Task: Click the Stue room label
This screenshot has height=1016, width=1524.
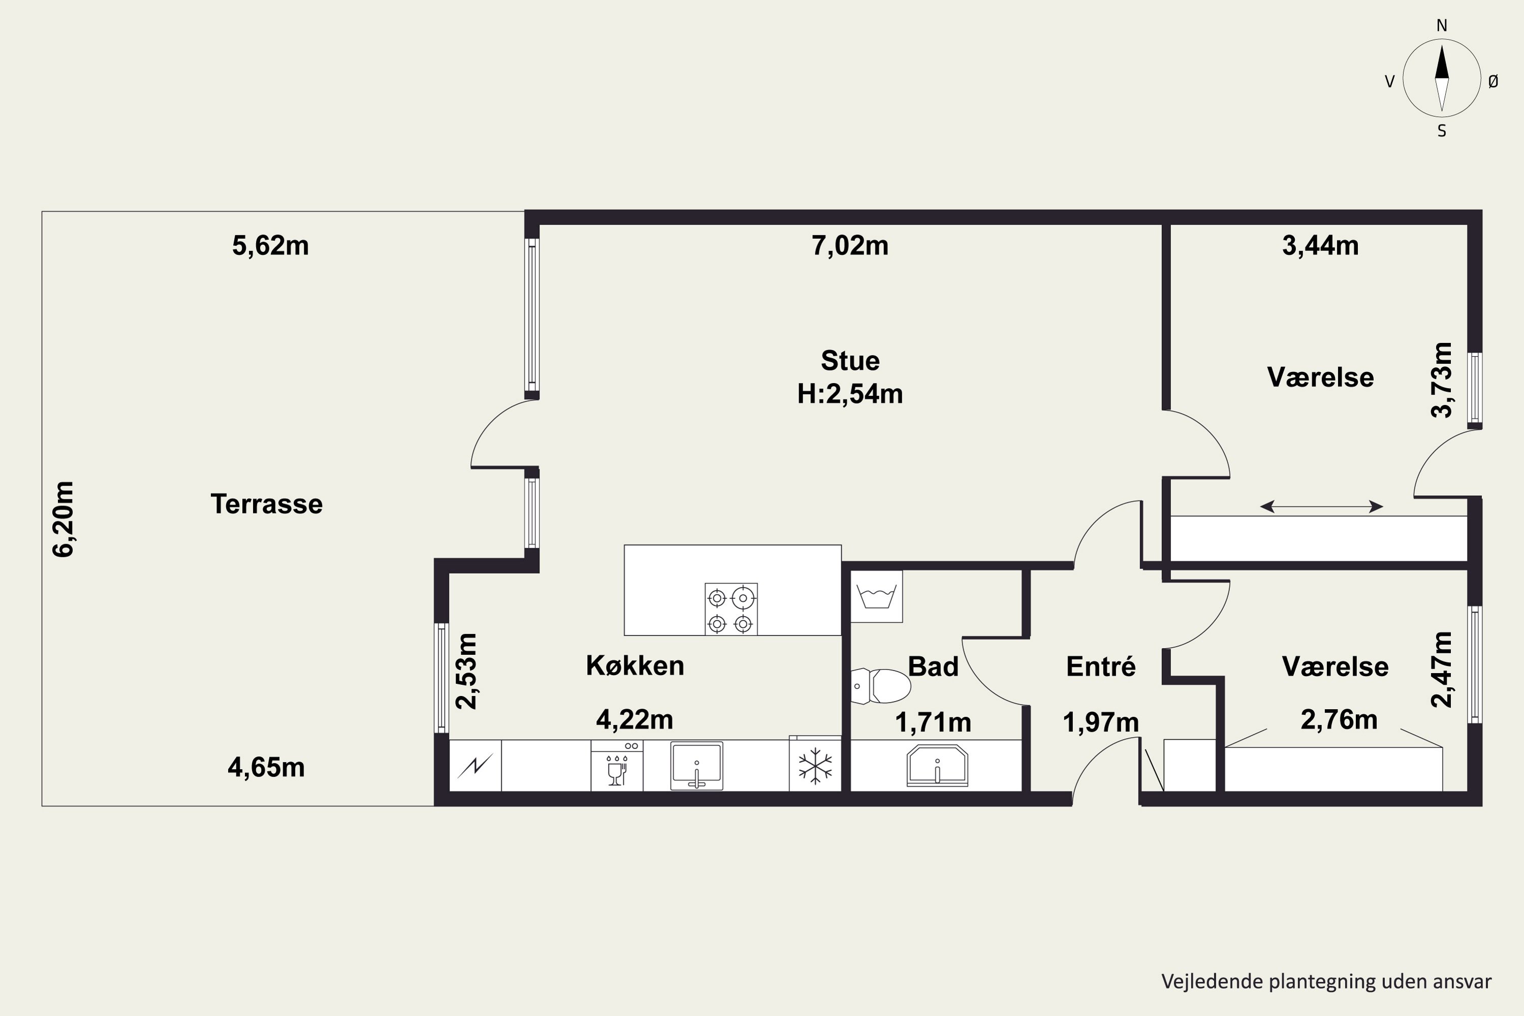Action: coord(850,361)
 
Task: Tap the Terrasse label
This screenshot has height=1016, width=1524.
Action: coord(266,504)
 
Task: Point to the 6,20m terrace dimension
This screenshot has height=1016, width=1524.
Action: coord(63,519)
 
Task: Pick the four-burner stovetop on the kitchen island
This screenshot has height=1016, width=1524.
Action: coord(731,609)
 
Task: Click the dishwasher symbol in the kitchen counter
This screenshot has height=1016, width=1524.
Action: coord(617,767)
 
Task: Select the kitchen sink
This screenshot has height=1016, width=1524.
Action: coord(696,766)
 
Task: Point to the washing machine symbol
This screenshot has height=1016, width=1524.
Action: coord(876,596)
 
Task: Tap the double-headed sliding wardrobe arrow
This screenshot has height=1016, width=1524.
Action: coord(1321,506)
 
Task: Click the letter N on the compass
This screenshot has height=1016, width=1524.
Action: coord(1442,26)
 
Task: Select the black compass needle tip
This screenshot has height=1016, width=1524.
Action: coord(1442,44)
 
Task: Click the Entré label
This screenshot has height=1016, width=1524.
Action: coord(1101,666)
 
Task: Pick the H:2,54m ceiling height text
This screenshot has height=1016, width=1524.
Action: coord(849,394)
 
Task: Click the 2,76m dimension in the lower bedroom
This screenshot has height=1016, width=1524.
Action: coord(1339,720)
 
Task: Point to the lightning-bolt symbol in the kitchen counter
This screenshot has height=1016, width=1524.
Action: coord(475,766)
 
